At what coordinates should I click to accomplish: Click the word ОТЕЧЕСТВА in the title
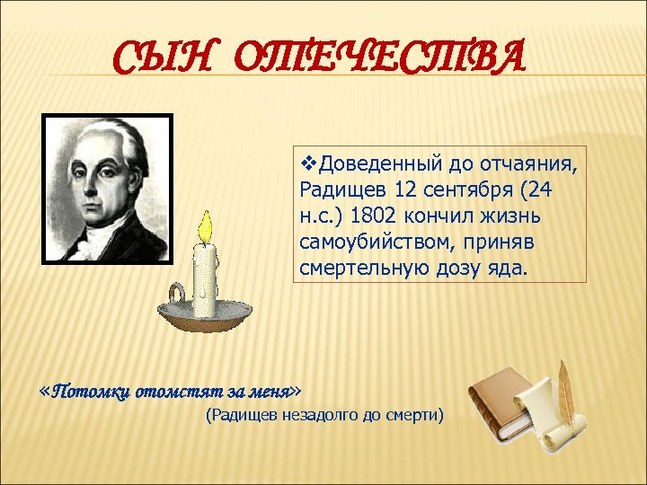click(x=377, y=59)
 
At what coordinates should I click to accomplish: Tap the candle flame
click(x=206, y=227)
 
